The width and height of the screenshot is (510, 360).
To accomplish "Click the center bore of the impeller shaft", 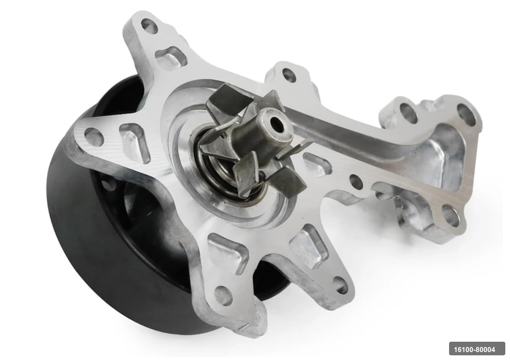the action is coord(277,123).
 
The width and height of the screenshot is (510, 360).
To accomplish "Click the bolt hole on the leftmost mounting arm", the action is coord(94,136).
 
